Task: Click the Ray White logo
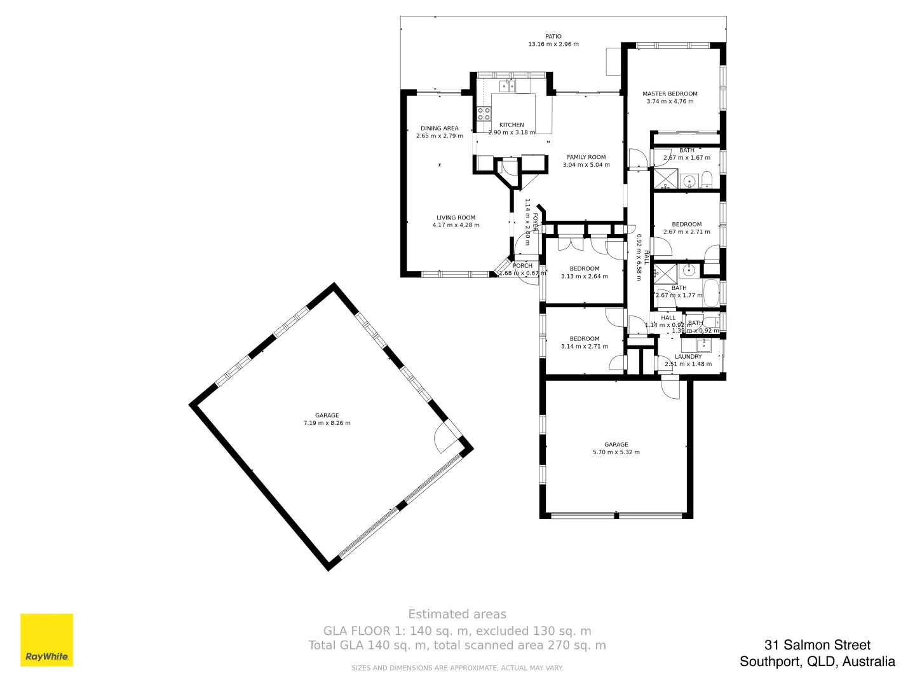[46, 639]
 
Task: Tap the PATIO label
[553, 37]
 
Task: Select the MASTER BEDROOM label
[670, 94]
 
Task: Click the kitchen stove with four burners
[484, 114]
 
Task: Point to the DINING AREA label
[439, 128]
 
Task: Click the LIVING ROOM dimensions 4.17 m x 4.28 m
[456, 225]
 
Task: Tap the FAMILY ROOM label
[586, 157]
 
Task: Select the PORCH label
[522, 266]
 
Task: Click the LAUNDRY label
[688, 357]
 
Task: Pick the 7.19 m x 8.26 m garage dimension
[327, 423]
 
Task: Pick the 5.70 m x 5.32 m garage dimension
[616, 452]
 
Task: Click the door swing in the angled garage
[445, 439]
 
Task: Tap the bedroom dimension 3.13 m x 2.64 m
[584, 277]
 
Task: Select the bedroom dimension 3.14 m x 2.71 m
[584, 347]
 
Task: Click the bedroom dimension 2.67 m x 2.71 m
[686, 232]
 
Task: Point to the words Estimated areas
[457, 614]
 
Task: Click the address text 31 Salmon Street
[817, 646]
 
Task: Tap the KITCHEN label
[512, 125]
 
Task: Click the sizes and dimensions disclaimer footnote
[457, 668]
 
